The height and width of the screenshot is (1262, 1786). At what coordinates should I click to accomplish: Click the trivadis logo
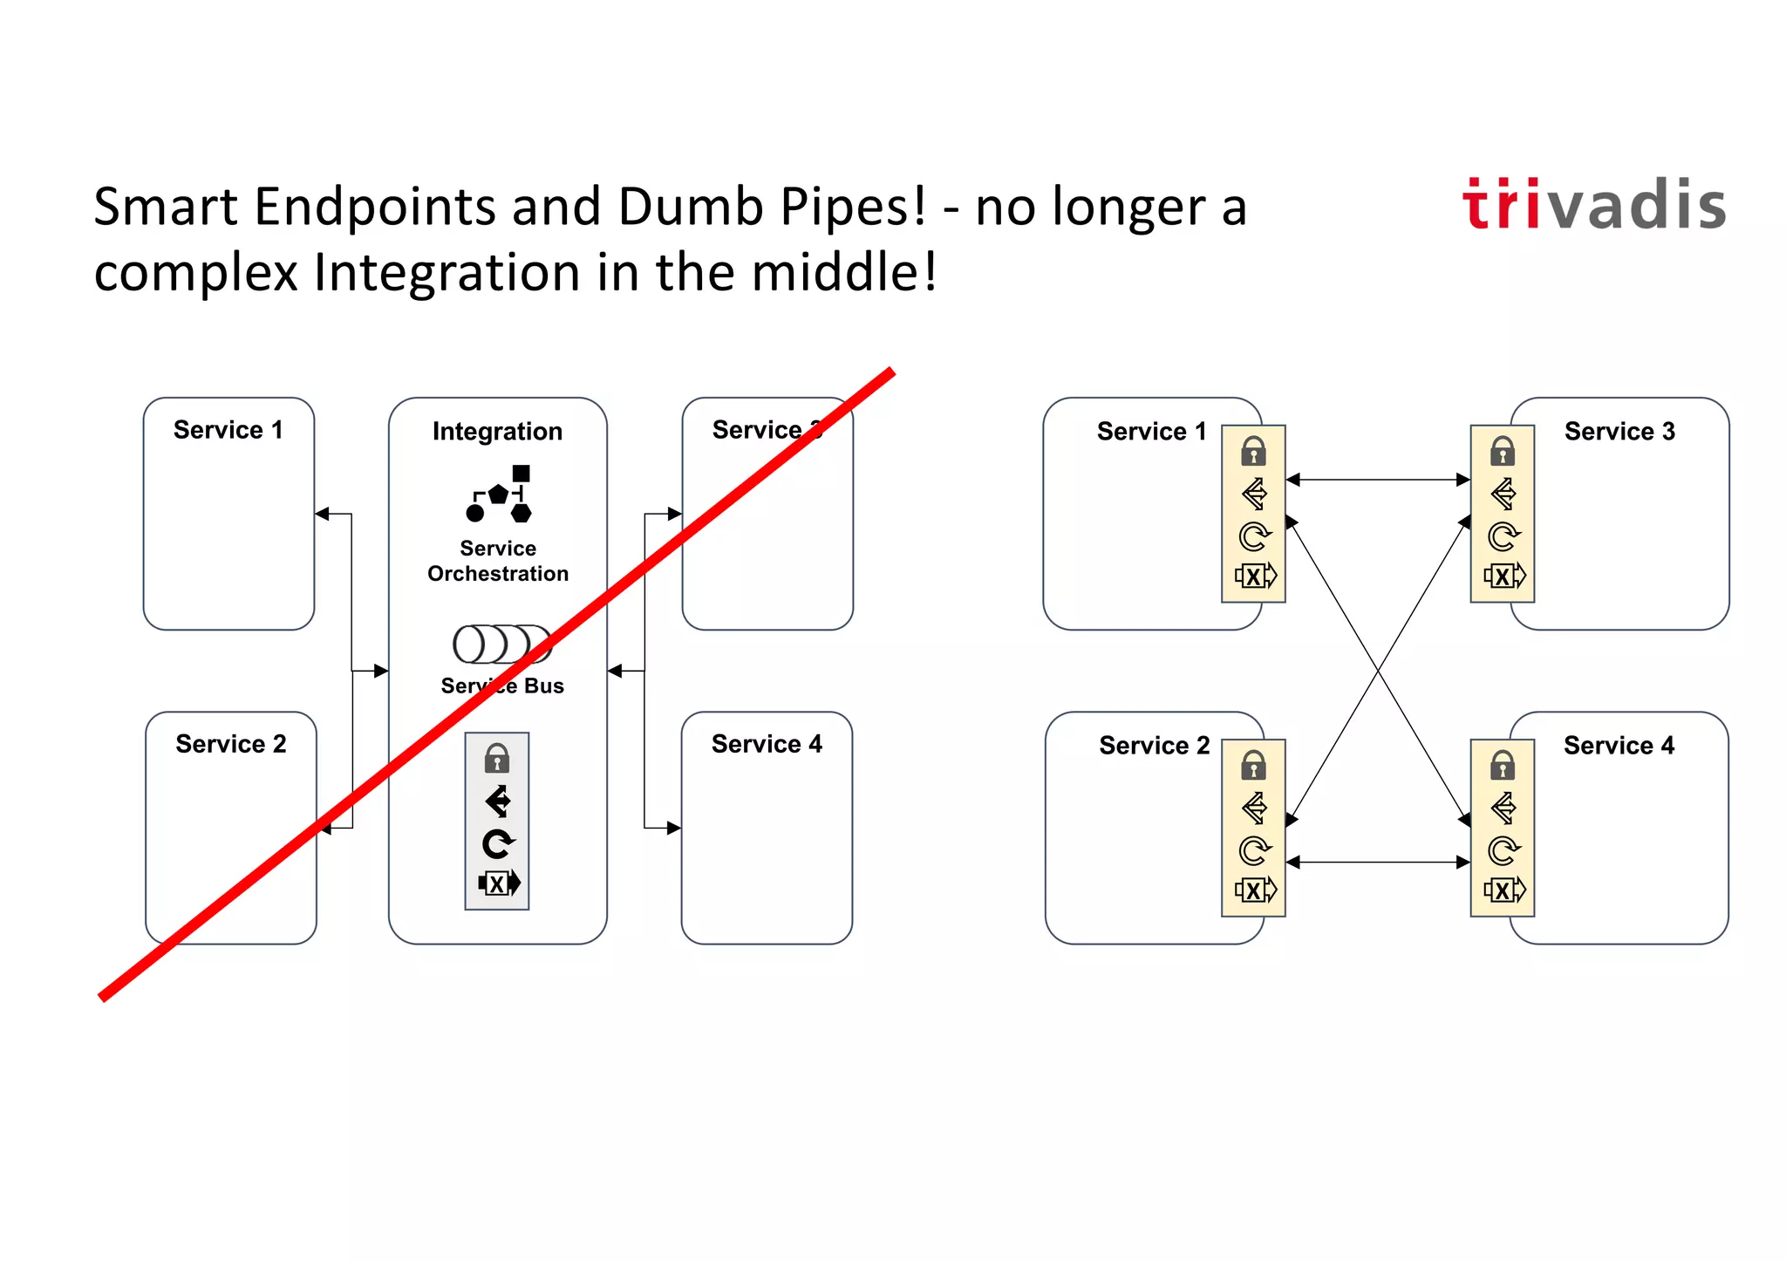pyautogui.click(x=1593, y=205)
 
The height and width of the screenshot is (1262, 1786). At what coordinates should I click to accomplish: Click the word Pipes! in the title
pyautogui.click(x=852, y=208)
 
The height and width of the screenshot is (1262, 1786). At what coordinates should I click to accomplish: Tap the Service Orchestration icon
pyautogui.click(x=499, y=494)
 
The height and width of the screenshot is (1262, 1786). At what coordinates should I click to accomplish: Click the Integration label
pyautogui.click(x=497, y=431)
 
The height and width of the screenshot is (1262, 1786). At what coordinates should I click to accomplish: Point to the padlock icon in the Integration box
pyautogui.click(x=497, y=758)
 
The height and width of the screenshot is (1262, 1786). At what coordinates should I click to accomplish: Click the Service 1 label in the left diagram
pyautogui.click(x=228, y=430)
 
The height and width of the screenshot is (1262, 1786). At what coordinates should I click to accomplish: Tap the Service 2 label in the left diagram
pyautogui.click(x=230, y=744)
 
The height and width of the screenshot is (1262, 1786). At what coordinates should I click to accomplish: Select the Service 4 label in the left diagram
pyautogui.click(x=766, y=744)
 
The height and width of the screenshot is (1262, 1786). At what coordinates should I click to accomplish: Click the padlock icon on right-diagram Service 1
pyautogui.click(x=1253, y=451)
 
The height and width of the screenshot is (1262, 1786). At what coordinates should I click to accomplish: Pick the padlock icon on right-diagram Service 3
pyautogui.click(x=1502, y=451)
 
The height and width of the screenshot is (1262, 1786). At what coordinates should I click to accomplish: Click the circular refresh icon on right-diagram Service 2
pyautogui.click(x=1254, y=850)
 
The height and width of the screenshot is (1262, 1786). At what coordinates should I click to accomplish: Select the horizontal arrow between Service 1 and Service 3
pyautogui.click(x=1378, y=479)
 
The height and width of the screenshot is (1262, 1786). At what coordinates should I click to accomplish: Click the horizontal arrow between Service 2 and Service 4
pyautogui.click(x=1378, y=862)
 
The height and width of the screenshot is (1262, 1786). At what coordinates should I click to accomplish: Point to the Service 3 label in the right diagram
pyautogui.click(x=1619, y=432)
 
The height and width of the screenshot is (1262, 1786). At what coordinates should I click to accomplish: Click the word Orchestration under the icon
pyautogui.click(x=498, y=574)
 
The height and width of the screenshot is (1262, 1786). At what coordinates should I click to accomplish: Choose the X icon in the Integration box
pyautogui.click(x=498, y=883)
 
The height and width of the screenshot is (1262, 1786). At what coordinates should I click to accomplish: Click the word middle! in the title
pyautogui.click(x=843, y=272)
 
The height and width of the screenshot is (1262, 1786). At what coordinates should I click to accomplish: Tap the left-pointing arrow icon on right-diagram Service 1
pyautogui.click(x=1254, y=494)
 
